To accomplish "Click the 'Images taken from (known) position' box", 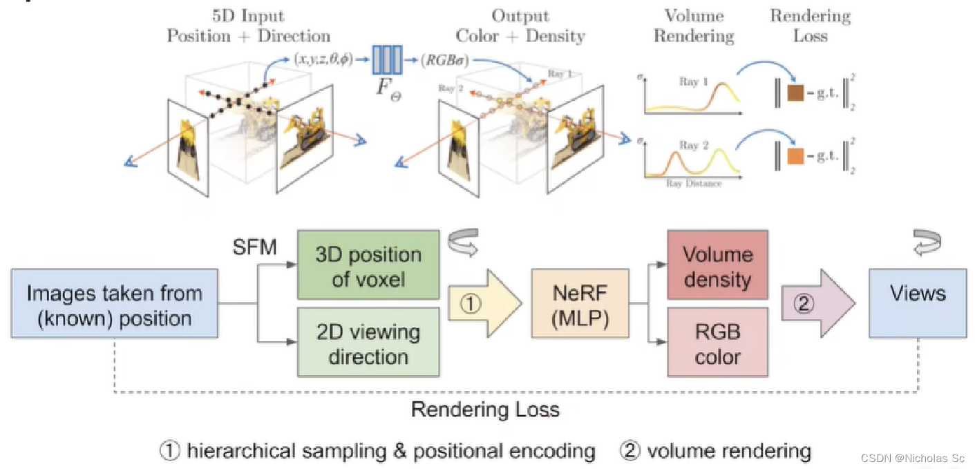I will click(115, 305).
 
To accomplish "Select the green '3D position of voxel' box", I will click(368, 266).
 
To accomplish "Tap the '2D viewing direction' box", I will click(368, 343).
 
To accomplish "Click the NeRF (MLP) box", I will click(580, 305).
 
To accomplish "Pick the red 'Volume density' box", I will click(717, 266).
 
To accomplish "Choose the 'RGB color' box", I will click(717, 343).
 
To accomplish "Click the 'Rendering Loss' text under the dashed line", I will click(485, 410).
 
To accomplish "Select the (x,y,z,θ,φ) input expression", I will click(323, 59).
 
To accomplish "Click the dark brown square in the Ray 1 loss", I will click(795, 93).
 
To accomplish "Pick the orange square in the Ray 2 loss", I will click(795, 157).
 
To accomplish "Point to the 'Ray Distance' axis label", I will click(694, 184).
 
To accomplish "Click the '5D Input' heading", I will click(249, 15).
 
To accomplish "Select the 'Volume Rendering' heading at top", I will click(693, 26).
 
